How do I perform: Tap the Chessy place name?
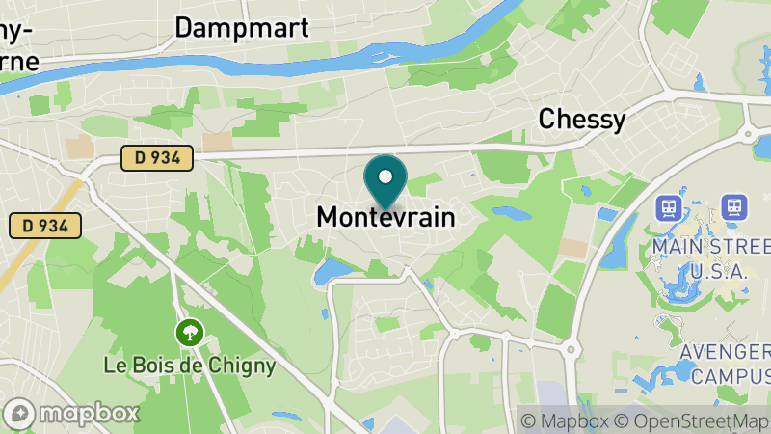point(581,119)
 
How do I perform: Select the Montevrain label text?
point(385,218)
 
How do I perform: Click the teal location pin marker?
point(385,181)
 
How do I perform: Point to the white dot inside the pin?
point(385,177)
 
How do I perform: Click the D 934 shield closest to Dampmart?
point(157,156)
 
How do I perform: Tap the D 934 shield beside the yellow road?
point(44,226)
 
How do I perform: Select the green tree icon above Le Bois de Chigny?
point(191,334)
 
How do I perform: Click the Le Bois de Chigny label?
point(191,366)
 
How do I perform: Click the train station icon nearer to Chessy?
point(667,207)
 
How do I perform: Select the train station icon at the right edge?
point(734,206)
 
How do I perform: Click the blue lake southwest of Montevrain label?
point(332,271)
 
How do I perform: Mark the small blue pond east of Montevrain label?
point(509,211)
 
